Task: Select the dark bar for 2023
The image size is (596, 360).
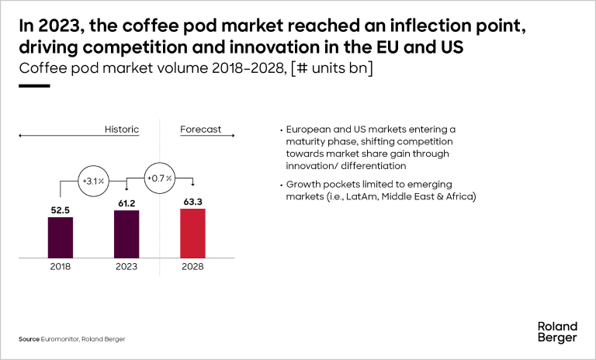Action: coord(126,234)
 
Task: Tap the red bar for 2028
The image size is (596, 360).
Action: coord(192,232)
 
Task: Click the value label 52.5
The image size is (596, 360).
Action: coord(61,209)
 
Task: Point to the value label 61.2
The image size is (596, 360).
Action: coord(126,202)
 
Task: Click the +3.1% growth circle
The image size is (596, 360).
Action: coord(93,181)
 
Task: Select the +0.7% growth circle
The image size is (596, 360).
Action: coord(159,178)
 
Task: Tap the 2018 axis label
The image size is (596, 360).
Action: coord(61,266)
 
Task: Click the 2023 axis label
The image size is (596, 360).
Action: coord(126,266)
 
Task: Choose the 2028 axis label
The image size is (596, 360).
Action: coord(192,266)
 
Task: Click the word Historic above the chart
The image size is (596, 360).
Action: coord(121,129)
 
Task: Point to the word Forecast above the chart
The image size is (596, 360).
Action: coord(201,129)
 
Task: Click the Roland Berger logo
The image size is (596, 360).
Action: coord(557,331)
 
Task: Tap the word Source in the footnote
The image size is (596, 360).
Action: coord(30,340)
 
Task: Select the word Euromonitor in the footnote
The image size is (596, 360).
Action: coord(65,340)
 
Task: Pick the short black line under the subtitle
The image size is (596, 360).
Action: coord(34,85)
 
